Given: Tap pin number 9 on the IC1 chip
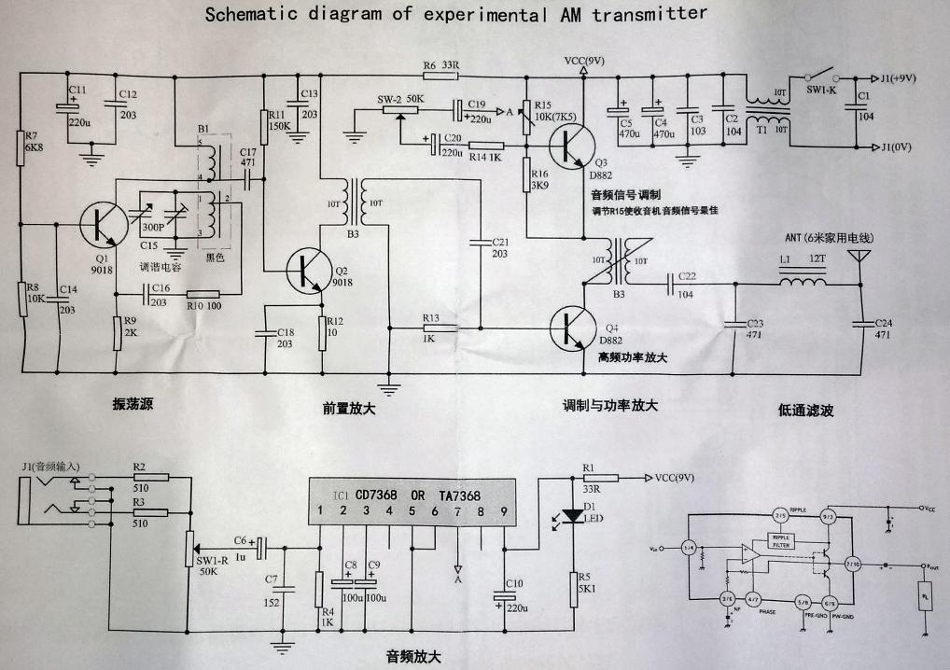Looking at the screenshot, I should (505, 509).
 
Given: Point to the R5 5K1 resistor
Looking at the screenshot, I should (570, 589).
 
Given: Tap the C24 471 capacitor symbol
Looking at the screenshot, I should (859, 323).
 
